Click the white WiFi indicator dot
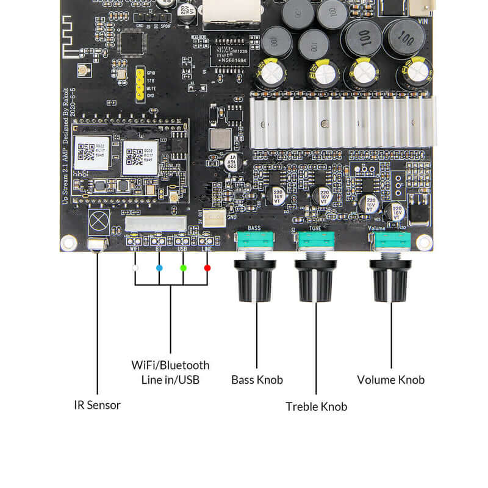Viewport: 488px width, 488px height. [x=135, y=268]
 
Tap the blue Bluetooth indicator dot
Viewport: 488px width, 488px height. [x=159, y=268]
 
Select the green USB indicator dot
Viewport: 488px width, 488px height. [x=183, y=268]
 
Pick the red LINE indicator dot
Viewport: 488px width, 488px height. [x=207, y=268]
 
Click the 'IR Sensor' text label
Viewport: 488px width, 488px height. [x=98, y=405]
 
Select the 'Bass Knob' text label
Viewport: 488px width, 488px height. [x=257, y=379]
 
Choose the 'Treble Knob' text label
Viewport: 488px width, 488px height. [x=316, y=406]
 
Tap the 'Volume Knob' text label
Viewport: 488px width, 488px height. [x=390, y=379]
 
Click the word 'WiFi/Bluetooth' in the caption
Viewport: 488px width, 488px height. [x=170, y=365]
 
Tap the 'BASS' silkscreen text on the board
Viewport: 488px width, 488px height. [x=255, y=228]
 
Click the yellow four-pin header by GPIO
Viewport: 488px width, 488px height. [x=140, y=84]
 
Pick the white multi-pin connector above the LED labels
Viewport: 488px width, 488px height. [x=156, y=223]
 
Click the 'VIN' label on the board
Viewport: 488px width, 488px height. [x=422, y=22]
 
